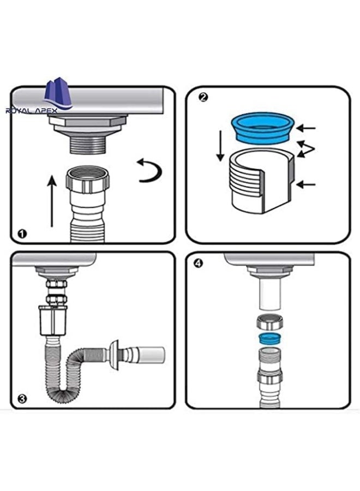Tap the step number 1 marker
[x=22, y=233]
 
